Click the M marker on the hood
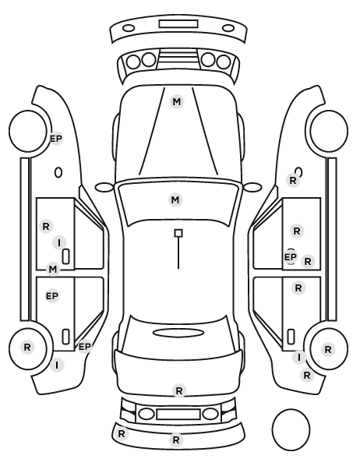(x=177, y=102)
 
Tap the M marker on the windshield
(x=175, y=199)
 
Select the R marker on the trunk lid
(x=179, y=391)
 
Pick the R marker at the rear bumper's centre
(x=176, y=440)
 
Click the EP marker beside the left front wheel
(x=56, y=139)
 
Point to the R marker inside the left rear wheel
(x=27, y=347)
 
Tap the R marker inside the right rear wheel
(x=328, y=349)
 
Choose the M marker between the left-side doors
(x=53, y=270)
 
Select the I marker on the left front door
(x=59, y=243)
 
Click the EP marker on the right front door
(x=291, y=257)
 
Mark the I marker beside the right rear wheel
(x=299, y=357)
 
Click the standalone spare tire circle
(x=291, y=429)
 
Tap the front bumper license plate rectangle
(x=178, y=24)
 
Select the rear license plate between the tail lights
(x=178, y=415)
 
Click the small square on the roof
(x=178, y=233)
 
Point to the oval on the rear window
(x=178, y=333)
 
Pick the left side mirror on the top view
(x=104, y=188)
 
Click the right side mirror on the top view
(x=252, y=188)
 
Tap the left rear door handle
(x=65, y=337)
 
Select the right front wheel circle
(x=329, y=131)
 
